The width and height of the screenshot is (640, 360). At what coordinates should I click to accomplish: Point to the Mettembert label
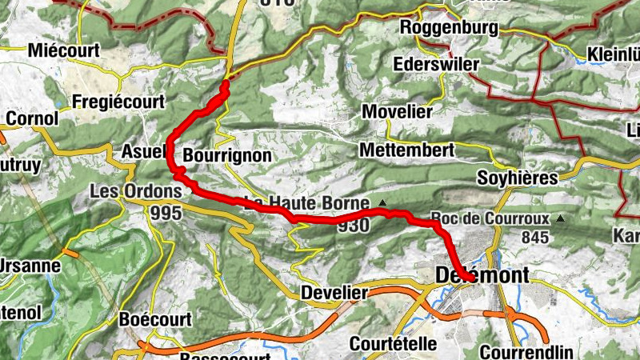[406, 150]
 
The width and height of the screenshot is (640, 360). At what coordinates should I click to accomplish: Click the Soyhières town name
[516, 178]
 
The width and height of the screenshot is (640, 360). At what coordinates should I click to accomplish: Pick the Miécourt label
[63, 51]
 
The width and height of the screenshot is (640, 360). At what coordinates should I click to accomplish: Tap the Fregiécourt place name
[118, 102]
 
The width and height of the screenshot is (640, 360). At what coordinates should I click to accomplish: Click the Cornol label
[32, 119]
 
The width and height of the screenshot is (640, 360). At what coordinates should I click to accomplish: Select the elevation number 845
[535, 238]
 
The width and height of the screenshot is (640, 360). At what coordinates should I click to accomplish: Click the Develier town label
[334, 294]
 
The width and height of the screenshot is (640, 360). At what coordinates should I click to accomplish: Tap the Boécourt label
[154, 319]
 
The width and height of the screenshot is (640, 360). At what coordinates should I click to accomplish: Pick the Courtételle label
[394, 344]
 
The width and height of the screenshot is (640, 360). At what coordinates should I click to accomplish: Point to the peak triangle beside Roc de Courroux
[560, 218]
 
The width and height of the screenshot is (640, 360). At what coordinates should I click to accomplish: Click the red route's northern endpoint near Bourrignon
[226, 83]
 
